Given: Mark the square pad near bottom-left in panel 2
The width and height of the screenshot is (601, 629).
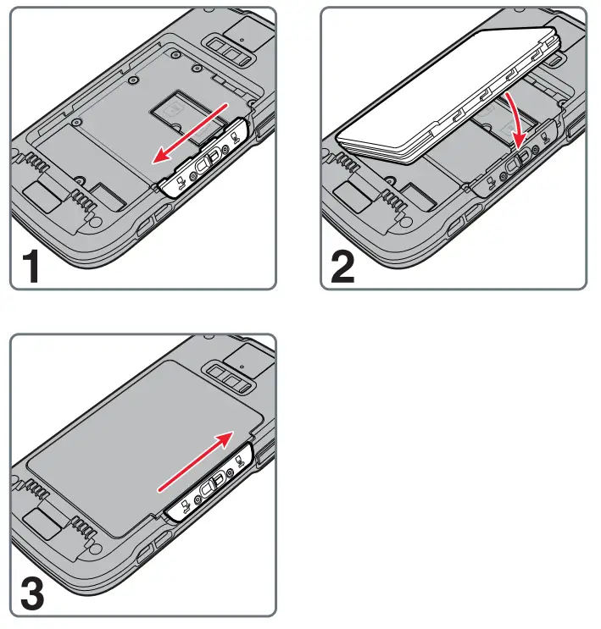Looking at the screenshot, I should coord(350,195).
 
